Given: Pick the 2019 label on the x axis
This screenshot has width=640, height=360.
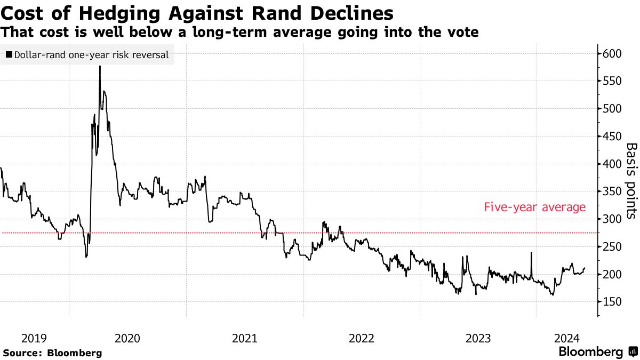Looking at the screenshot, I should coord(34,338).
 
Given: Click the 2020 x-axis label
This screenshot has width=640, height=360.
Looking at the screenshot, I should coord(127,338).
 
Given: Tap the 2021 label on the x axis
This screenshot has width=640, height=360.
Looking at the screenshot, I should coord(245,338).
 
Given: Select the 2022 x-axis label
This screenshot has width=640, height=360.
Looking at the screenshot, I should coord(362,338).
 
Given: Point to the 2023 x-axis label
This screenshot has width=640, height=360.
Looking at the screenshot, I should coord(478,338).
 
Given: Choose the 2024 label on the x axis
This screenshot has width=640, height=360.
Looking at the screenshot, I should coord(567,338).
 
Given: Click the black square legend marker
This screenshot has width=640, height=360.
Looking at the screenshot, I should coord(9,54).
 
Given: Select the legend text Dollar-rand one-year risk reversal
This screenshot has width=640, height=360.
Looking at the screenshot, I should coord(91,54).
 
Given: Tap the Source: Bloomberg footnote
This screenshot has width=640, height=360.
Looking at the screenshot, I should coord(52,353).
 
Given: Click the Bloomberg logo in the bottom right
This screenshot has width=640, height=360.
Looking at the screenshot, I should coord(597,352).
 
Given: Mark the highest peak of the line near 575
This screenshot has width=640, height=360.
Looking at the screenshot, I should coord(100,67).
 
